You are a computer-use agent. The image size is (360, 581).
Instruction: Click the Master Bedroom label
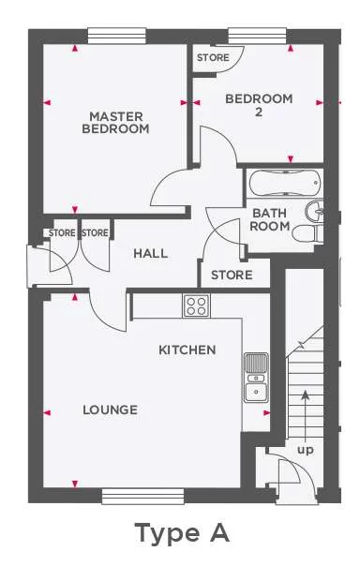coord(115,123)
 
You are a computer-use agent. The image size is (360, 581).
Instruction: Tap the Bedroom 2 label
coord(260,105)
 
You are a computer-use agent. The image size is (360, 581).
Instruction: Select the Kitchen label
coord(187,350)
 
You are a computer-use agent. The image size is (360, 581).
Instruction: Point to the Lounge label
coord(110,410)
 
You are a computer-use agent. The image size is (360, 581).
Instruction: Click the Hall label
coord(150,253)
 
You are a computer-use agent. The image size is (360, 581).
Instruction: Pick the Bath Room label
coord(269,219)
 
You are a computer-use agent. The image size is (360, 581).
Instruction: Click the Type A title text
coord(181,533)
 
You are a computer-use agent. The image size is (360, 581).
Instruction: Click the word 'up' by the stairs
coord(306,449)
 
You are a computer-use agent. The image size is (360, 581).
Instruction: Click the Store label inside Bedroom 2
coord(212,58)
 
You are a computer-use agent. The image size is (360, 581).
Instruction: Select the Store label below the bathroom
coord(232,275)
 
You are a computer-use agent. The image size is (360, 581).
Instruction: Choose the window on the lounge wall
coord(130,497)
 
